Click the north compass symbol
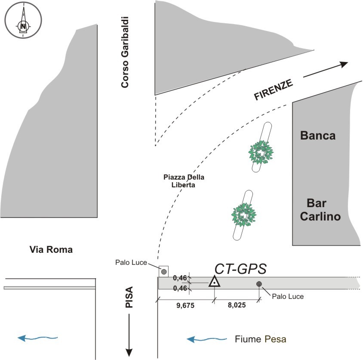click(23, 21)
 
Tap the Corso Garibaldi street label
click(125, 53)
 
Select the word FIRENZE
click(274, 90)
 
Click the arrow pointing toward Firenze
click(325, 70)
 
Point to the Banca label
click(317, 136)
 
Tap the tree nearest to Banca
click(261, 152)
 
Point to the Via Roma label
click(51, 249)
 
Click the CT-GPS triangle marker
click(214, 282)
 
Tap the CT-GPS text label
click(241, 269)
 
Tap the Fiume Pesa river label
click(260, 339)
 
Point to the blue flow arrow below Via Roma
click(38, 338)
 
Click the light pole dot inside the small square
click(164, 271)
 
